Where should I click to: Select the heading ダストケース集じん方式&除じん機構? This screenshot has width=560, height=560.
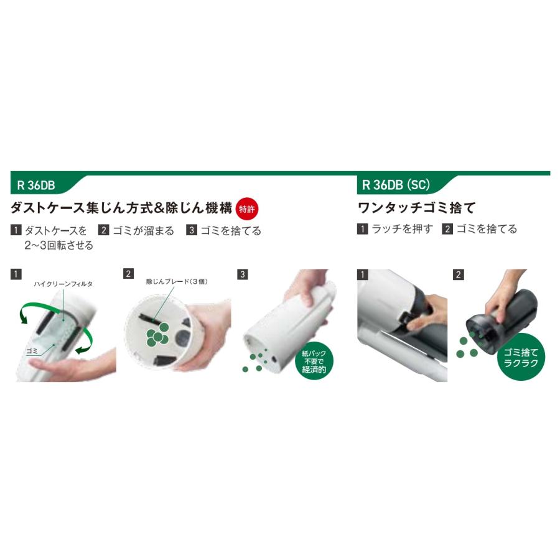[123, 207]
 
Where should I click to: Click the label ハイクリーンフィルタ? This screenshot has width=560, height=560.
[63, 283]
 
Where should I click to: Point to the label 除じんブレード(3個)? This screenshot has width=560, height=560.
[177, 281]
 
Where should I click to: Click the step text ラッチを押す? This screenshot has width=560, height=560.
[401, 229]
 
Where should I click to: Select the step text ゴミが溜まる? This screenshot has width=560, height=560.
[143, 230]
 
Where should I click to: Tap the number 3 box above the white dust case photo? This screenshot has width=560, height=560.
[243, 274]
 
